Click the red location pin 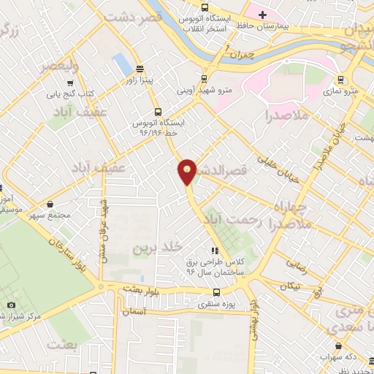coord(187,172)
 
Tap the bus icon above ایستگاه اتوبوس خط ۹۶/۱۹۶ coord(158,112)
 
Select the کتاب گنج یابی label coord(78,93)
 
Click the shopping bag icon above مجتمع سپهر coord(49,205)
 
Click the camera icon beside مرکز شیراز coord(11,305)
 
